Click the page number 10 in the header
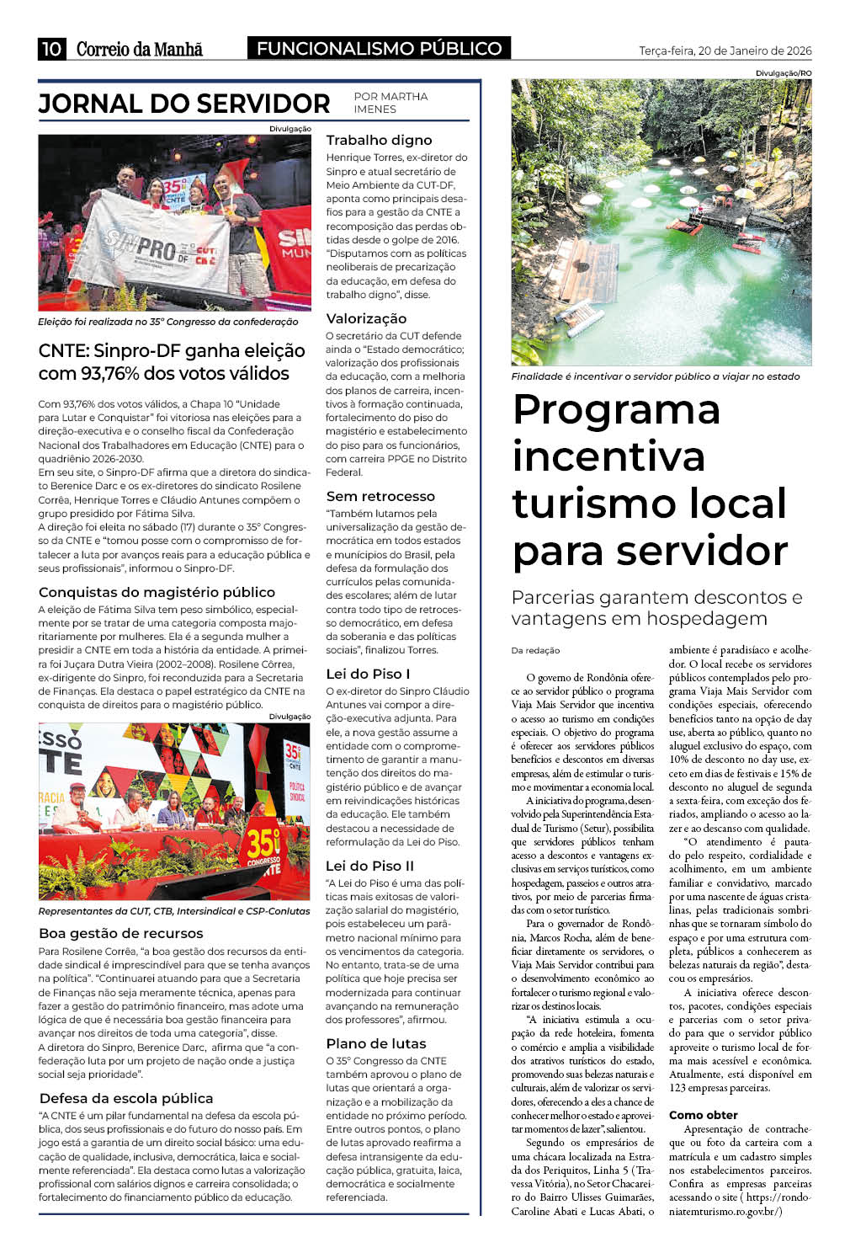tap(51, 49)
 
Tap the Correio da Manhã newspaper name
tap(140, 49)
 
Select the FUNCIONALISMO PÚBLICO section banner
tap(379, 49)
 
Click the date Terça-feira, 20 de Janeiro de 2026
tap(725, 51)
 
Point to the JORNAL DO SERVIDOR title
tap(184, 104)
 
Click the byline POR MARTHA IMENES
tap(390, 103)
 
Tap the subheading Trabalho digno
tap(379, 140)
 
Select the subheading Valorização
tap(366, 318)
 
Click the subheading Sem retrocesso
tap(380, 496)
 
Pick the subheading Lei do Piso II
tap(369, 866)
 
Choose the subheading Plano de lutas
tap(376, 1043)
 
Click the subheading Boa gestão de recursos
tap(121, 933)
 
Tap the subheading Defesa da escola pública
tap(126, 1098)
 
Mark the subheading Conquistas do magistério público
tap(157, 592)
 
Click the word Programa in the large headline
tap(616, 410)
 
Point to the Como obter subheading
tap(703, 1115)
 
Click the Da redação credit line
tap(535, 650)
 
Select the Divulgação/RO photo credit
tap(783, 74)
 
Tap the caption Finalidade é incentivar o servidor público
tap(655, 376)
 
